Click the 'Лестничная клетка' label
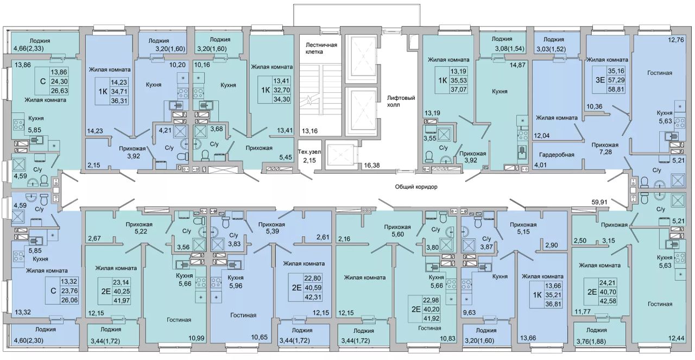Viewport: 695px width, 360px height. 321,48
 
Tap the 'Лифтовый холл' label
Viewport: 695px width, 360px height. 401,101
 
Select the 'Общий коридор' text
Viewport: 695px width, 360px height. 416,187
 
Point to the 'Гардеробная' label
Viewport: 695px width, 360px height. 557,155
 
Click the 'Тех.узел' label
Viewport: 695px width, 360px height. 309,151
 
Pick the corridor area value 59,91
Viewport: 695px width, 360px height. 599,202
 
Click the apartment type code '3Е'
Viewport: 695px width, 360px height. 600,80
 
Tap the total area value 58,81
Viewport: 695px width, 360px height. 616,90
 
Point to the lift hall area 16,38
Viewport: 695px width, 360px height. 372,165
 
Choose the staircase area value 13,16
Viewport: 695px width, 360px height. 309,131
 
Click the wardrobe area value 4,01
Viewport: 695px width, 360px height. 540,165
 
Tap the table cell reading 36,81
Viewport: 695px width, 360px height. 553,304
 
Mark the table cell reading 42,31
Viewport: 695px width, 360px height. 313,296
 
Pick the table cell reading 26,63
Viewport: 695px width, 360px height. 59,90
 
